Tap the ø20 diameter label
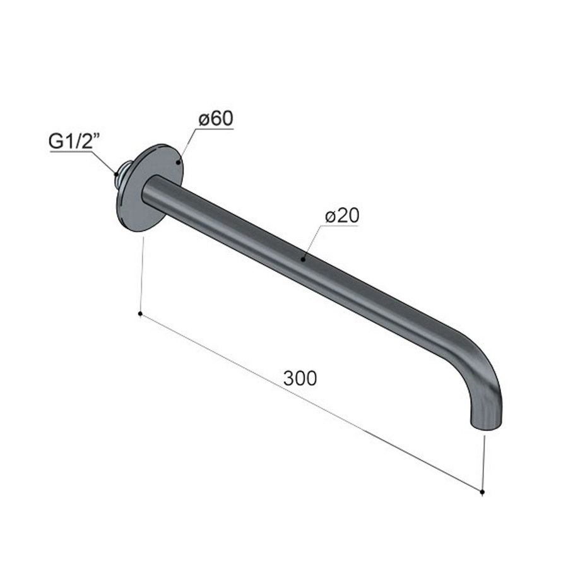pyautogui.click(x=342, y=216)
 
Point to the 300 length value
pyautogui.click(x=300, y=379)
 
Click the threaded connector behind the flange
pyautogui.click(x=123, y=175)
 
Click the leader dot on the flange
pyautogui.click(x=179, y=162)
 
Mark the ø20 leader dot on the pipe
pyautogui.click(x=304, y=257)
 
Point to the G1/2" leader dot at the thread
pyautogui.click(x=116, y=172)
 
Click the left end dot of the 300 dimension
pyautogui.click(x=139, y=312)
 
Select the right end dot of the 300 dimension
pyautogui.click(x=482, y=491)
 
